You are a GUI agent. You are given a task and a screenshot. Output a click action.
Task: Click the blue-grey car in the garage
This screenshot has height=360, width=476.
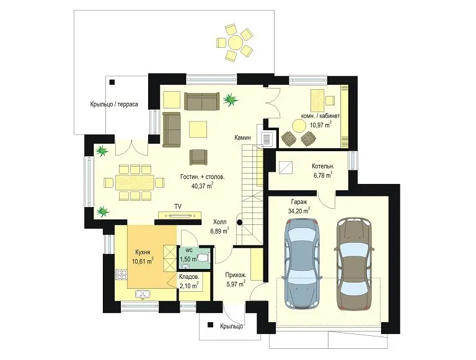pyautogui.click(x=302, y=263)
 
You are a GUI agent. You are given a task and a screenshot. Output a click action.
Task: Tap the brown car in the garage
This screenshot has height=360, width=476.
pyautogui.click(x=354, y=263)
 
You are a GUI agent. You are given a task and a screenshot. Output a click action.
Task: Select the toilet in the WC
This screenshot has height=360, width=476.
pyautogui.click(x=203, y=258)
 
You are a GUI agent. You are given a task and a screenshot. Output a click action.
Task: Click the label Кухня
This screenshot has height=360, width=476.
pyautogui.click(x=143, y=252)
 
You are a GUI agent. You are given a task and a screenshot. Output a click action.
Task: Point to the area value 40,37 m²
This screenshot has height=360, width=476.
pyautogui.click(x=202, y=185)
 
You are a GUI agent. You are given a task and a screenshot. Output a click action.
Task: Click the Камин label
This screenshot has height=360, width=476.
pyautogui.click(x=242, y=138)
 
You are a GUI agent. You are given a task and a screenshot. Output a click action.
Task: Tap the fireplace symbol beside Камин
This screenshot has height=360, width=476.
pyautogui.click(x=267, y=139)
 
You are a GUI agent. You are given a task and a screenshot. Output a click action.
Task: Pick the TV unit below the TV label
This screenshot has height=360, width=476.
pyautogui.click(x=180, y=215)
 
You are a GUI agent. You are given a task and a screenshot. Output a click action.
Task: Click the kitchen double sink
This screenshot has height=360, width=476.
pyautogui.click(x=143, y=294)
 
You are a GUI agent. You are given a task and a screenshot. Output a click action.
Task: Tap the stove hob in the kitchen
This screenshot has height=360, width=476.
pyautogui.click(x=121, y=274)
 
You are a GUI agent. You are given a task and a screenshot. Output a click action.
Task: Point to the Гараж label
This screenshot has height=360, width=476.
pyautogui.click(x=299, y=201)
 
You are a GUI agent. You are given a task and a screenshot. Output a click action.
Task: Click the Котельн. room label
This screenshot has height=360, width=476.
pyautogui.click(x=323, y=166)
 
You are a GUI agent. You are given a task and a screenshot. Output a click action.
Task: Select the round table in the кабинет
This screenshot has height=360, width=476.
pyautogui.click(x=299, y=125)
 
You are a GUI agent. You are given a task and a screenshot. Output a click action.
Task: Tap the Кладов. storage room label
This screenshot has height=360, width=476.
pyautogui.click(x=189, y=277)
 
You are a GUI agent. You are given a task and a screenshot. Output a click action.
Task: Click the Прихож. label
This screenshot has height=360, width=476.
pyautogui.click(x=236, y=275)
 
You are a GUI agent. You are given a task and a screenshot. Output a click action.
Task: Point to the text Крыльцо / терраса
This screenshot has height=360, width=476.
pyautogui.click(x=114, y=104)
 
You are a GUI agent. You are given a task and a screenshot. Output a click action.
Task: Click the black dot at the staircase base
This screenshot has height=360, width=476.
pyautogui.click(x=239, y=222)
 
